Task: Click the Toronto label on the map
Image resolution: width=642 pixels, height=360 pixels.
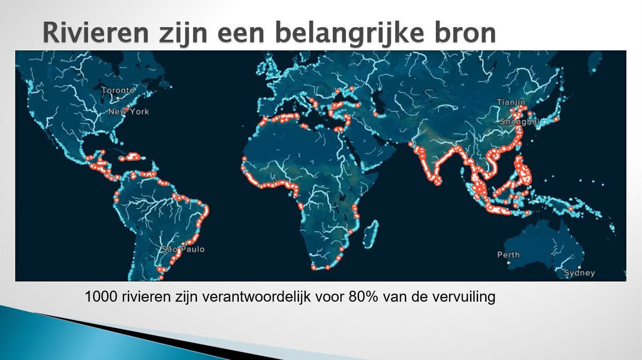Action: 118,91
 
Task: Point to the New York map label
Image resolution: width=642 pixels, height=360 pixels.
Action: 129,112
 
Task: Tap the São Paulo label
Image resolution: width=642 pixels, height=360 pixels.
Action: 183,249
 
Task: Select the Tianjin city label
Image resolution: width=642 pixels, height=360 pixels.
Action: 511,102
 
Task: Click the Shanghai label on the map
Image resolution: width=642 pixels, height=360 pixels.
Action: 520,122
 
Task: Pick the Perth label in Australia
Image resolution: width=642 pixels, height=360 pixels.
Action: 508,254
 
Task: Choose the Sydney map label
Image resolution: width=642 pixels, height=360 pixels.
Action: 580,273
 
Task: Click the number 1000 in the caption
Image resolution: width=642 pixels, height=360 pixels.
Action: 101,296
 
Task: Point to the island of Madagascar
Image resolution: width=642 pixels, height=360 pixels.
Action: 371,233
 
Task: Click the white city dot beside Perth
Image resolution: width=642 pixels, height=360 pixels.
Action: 509,262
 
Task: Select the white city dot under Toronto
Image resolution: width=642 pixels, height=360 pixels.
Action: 118,99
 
